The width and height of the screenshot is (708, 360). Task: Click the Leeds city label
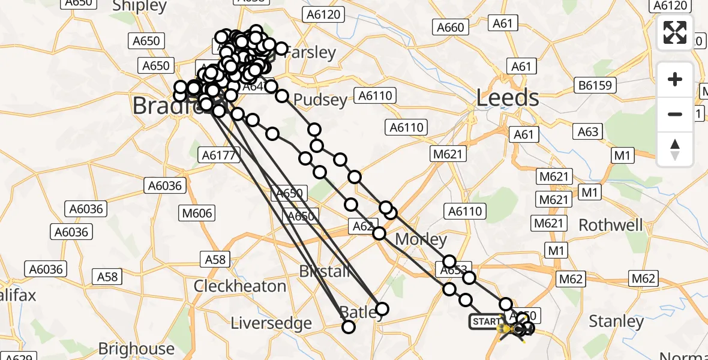tap(508, 98)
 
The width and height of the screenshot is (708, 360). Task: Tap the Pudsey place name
tap(321, 100)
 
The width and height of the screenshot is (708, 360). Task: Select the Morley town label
tap(421, 240)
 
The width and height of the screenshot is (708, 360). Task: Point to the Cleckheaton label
tap(239, 286)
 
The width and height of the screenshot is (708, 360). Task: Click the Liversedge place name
tap(271, 323)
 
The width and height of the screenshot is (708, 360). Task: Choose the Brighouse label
tap(136, 349)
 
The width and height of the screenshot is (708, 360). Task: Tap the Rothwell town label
tap(610, 226)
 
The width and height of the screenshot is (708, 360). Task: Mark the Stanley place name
tap(616, 322)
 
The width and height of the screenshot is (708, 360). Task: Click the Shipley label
tap(140, 7)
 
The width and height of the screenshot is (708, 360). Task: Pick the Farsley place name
tap(310, 53)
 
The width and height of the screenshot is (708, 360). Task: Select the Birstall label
tap(325, 271)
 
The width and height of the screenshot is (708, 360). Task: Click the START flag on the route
tap(485, 322)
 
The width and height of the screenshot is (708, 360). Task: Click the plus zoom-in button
tap(675, 79)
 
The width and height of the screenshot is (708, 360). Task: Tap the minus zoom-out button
tap(675, 114)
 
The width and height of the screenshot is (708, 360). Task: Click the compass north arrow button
tap(675, 149)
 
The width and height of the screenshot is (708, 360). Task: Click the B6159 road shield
tap(596, 85)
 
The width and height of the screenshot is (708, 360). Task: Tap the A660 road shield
tap(450, 27)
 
